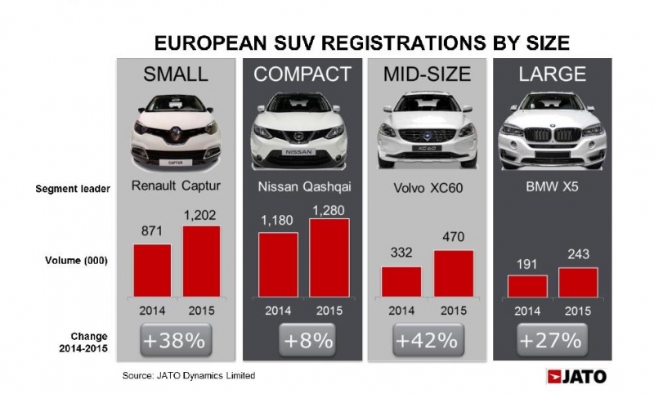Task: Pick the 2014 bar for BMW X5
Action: click(x=527, y=286)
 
